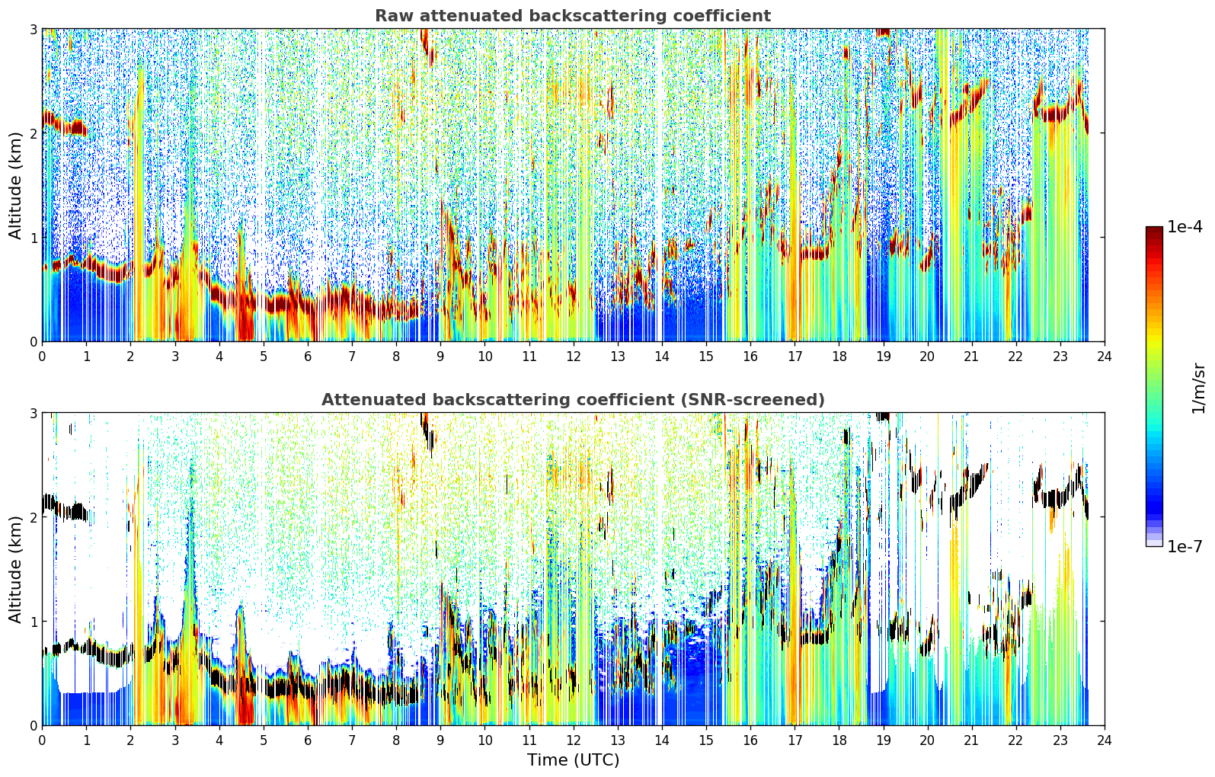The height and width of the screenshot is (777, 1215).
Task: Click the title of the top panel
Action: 573,16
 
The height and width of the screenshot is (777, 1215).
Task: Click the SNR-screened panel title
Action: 573,399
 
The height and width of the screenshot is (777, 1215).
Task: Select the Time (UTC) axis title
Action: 573,759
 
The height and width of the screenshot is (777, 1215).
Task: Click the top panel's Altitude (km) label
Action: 15,186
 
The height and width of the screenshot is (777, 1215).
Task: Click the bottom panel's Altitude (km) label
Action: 15,569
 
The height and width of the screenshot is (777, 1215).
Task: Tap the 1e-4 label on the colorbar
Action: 1185,227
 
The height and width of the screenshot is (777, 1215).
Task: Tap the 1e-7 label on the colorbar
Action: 1185,546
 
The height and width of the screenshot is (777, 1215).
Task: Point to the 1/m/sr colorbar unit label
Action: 1198,388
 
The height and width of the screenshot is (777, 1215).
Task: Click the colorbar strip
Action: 1154,386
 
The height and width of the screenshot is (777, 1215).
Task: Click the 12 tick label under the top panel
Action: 574,357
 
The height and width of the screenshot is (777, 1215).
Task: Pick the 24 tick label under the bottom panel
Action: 1105,740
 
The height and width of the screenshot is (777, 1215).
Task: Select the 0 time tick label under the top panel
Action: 43,357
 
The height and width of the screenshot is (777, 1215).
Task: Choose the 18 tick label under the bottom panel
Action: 839,740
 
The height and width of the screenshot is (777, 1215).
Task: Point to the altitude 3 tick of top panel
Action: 33,29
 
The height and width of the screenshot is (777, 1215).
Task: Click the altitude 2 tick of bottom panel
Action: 33,517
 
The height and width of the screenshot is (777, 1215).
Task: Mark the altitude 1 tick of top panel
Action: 33,238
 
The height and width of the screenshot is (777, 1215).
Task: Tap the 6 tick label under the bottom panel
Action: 308,740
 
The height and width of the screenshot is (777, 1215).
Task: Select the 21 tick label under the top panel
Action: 971,357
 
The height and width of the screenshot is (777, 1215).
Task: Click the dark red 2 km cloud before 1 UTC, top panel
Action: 64,123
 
